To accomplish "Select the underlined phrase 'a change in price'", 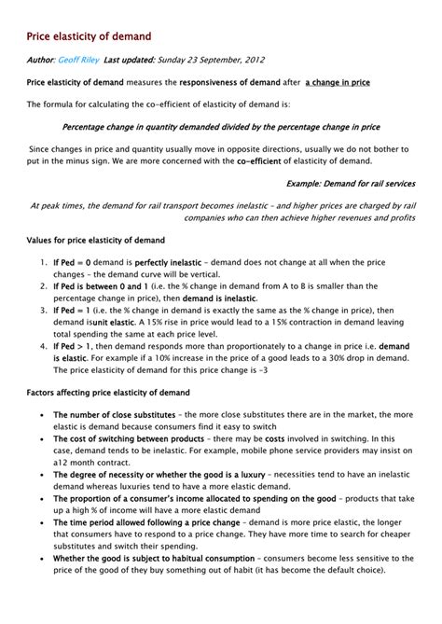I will point(337,82).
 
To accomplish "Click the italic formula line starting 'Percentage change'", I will point(220,126).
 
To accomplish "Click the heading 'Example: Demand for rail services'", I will point(350,183).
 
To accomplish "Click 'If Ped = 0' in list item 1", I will point(72,264).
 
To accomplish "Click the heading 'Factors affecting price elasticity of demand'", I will point(107,392).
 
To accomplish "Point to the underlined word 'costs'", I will point(275,437).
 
